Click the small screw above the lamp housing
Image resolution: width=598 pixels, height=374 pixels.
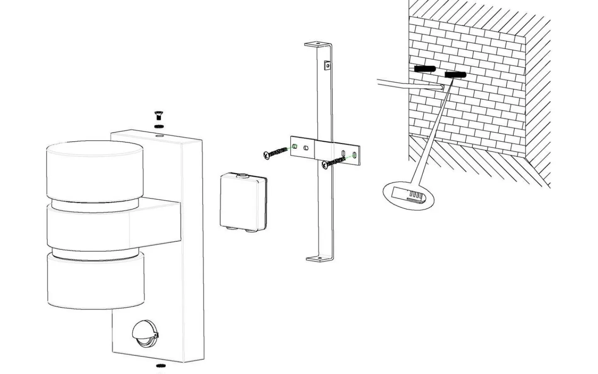[158, 115]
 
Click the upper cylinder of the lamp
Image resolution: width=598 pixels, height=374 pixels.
[95, 170]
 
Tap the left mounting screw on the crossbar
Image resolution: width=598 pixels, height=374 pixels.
[275, 152]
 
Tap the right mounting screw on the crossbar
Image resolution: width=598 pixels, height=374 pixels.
[333, 162]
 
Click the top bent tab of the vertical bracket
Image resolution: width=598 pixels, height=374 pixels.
[318, 44]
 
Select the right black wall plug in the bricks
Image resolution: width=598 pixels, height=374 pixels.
[456, 75]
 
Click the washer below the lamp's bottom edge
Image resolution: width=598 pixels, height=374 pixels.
[159, 366]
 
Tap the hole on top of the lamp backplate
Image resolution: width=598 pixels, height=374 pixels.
[159, 135]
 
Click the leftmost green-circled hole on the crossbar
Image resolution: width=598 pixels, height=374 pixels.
[295, 146]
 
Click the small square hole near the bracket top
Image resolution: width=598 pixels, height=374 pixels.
[327, 65]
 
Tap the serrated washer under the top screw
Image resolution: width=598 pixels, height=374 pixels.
[158, 126]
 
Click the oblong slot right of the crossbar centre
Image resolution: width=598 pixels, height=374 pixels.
[343, 153]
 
